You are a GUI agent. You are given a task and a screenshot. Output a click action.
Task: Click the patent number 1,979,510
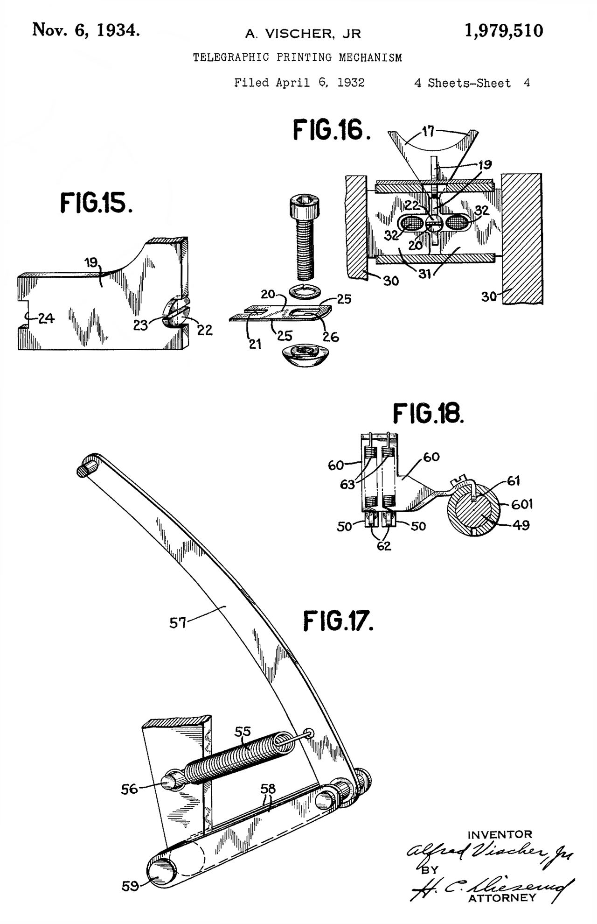point(504,31)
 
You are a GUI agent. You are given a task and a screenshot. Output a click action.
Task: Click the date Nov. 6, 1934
point(86,30)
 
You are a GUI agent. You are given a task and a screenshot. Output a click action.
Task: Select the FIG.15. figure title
point(96,203)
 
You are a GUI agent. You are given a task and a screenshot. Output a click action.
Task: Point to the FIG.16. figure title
point(332,130)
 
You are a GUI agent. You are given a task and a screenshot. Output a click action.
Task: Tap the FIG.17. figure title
point(338,621)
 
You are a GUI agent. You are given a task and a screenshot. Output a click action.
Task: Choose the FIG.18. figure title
point(428,413)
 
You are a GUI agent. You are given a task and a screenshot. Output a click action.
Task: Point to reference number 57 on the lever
point(178,622)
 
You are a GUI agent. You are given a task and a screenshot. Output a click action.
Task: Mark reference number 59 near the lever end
point(130,886)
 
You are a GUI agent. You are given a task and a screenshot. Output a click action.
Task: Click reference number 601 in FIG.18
point(522,504)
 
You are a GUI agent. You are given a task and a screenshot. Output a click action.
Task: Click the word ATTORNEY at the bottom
point(502,897)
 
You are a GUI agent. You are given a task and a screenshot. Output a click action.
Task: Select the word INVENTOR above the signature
point(500,834)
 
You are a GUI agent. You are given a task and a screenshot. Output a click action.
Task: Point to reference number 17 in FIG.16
point(428,131)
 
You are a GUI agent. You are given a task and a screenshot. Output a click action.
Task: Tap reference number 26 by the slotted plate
point(331,337)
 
